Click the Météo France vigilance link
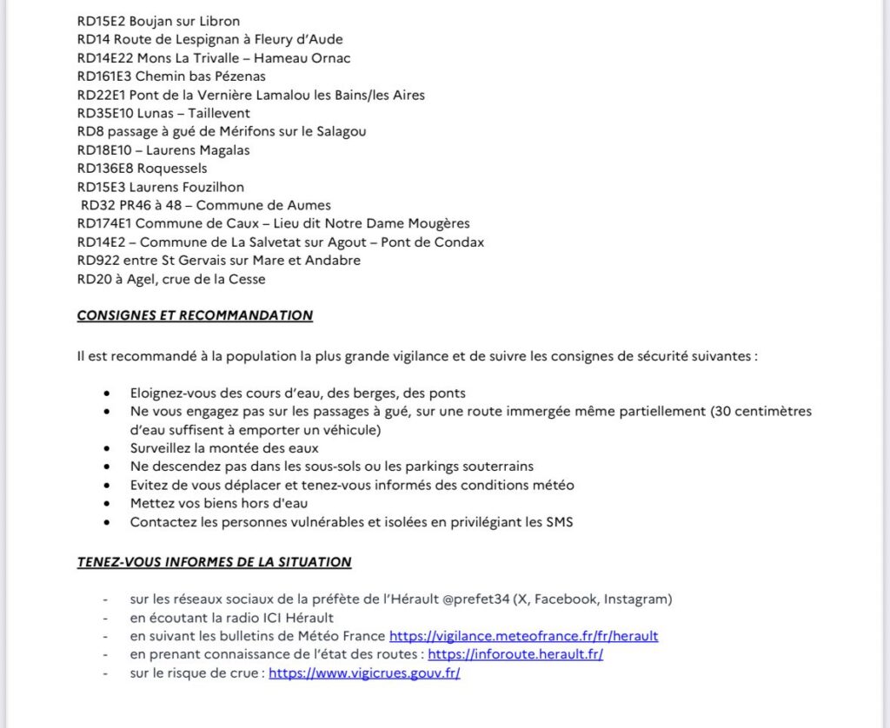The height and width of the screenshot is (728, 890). (x=523, y=636)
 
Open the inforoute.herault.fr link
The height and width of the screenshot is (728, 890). (x=515, y=654)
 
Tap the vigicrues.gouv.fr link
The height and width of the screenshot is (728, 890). (x=364, y=672)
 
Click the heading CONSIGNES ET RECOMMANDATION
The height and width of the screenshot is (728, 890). (x=195, y=315)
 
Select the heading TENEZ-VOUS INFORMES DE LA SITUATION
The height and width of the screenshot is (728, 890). (x=214, y=562)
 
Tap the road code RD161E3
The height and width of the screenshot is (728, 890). (x=104, y=76)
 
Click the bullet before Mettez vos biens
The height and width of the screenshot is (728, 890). (x=107, y=504)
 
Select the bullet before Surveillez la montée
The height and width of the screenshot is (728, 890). (x=107, y=448)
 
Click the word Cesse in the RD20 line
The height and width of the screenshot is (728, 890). (x=247, y=279)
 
